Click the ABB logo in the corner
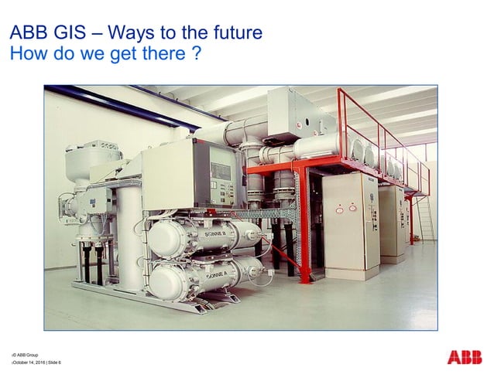[x=464, y=357]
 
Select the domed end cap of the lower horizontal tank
[x=159, y=280]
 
